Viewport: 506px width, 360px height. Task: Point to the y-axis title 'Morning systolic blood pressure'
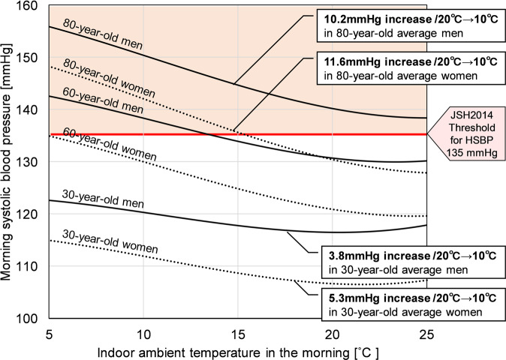point(10,161)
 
